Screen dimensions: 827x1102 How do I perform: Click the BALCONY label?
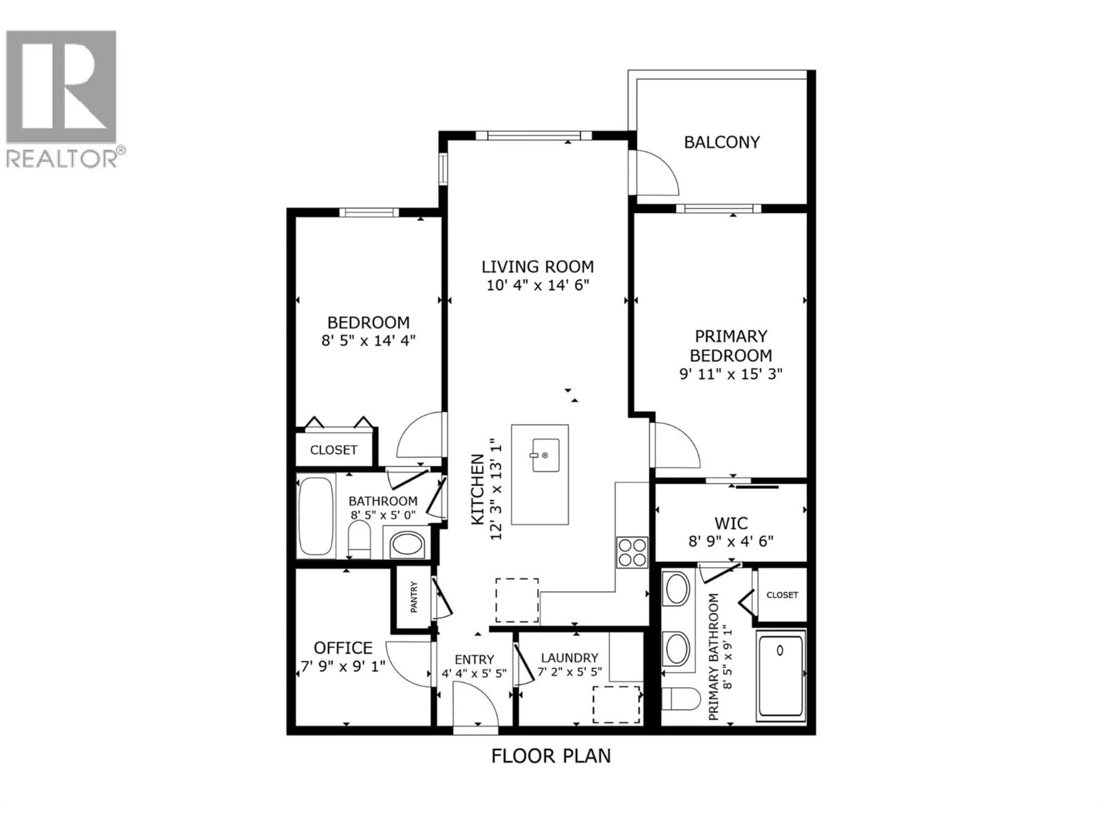[x=721, y=142]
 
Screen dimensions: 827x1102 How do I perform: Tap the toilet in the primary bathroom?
[x=680, y=700]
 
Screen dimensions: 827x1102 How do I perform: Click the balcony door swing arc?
[x=658, y=172]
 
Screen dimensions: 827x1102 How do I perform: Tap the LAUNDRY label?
[x=569, y=658]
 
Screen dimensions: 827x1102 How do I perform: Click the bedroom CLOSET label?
[x=333, y=450]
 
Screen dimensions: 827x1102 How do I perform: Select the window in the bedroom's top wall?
[x=369, y=212]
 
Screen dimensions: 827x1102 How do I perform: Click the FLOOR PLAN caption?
[x=551, y=756]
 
